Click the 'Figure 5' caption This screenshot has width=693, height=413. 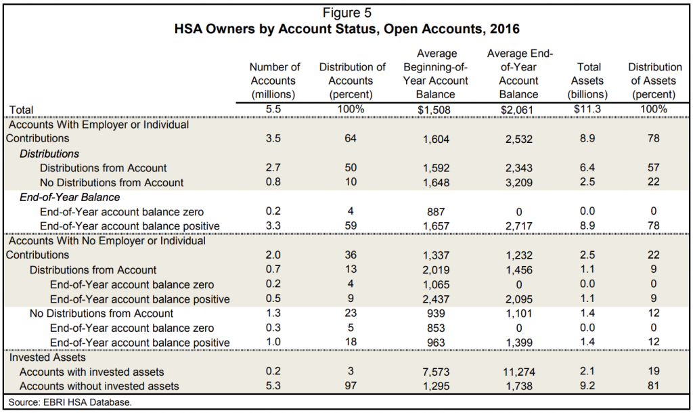point(347,12)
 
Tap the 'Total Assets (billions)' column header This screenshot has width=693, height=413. point(587,81)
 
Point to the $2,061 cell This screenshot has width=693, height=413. point(518,109)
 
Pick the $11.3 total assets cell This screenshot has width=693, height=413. point(587,109)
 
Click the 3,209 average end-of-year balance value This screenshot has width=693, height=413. point(518,182)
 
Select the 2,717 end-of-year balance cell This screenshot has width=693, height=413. point(518,225)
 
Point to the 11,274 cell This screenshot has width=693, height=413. point(518,372)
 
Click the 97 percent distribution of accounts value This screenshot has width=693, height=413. point(352,386)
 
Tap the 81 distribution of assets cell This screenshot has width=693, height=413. point(654,386)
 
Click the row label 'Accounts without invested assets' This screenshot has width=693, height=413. point(99,386)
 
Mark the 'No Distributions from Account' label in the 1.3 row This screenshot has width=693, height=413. point(102,313)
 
